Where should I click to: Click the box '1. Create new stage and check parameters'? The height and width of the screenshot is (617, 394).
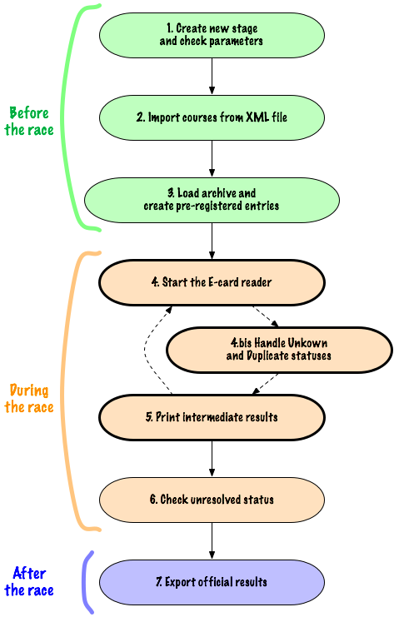click(212, 36)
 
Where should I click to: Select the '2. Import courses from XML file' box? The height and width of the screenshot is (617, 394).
click(212, 117)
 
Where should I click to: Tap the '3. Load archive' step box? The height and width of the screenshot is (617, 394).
click(212, 200)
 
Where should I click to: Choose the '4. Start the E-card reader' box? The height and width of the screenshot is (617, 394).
click(212, 282)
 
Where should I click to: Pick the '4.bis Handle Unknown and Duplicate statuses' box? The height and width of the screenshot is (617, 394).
click(279, 350)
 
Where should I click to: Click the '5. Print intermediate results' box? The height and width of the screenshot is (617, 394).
click(212, 417)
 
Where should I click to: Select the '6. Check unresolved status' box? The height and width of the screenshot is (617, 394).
click(212, 500)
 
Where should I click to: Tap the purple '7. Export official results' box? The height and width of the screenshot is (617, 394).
click(212, 582)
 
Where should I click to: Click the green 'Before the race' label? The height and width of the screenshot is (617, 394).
click(29, 122)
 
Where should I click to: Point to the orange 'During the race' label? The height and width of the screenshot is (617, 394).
click(29, 399)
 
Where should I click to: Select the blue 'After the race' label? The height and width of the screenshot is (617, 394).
click(29, 582)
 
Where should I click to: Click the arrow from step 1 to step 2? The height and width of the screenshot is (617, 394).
click(212, 77)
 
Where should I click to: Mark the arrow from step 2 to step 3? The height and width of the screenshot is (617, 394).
click(212, 158)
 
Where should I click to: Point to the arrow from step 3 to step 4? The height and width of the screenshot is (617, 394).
click(212, 241)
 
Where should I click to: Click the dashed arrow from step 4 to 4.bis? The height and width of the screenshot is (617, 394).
click(266, 316)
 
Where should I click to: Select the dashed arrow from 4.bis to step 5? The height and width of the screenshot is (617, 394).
click(265, 384)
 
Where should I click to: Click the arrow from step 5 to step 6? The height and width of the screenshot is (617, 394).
click(212, 459)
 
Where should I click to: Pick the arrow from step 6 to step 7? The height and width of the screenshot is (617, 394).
click(212, 541)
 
